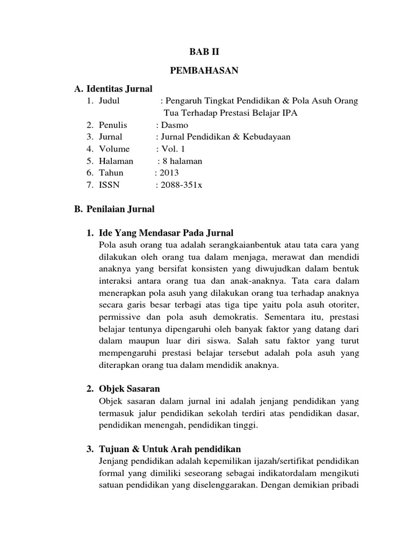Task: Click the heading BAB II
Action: pos(204,52)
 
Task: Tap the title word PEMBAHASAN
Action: pos(204,70)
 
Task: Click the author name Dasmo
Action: pos(174,125)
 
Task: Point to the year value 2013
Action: pos(169,173)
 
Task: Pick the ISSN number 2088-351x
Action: pos(182,184)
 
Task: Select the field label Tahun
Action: pos(111,173)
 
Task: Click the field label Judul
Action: pos(110,101)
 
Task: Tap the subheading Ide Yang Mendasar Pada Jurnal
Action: pos(166,233)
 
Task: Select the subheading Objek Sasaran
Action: pos(129,388)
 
